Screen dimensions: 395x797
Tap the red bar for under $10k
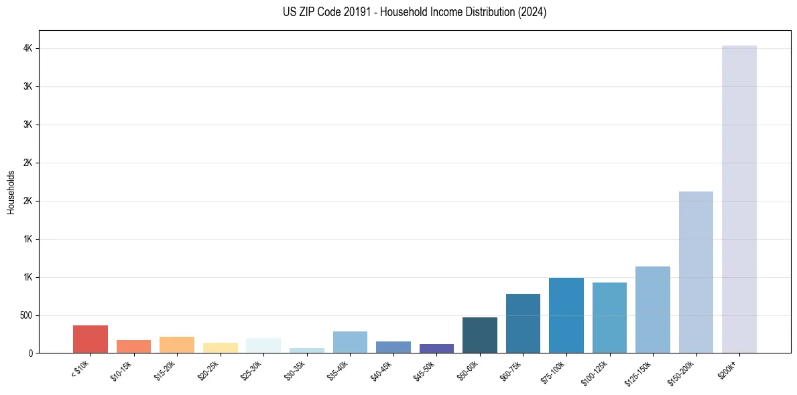click(90, 339)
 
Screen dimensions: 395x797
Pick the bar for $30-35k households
click(306, 350)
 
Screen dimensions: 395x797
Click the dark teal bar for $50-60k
click(479, 335)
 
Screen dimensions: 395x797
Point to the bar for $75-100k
click(566, 315)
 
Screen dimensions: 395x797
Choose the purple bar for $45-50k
click(436, 348)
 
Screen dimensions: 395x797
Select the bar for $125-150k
click(652, 309)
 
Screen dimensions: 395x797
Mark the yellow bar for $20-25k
click(220, 347)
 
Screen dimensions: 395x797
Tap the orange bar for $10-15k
click(133, 346)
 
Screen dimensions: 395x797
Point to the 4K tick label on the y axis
click(27, 49)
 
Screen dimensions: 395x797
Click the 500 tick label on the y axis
click(25, 315)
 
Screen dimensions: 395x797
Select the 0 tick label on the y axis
click(31, 353)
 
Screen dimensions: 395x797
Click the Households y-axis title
click(11, 192)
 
